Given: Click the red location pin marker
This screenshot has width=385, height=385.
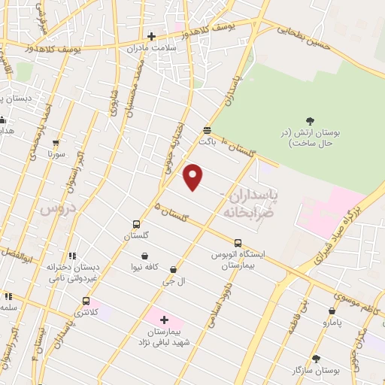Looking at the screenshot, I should (x=193, y=177).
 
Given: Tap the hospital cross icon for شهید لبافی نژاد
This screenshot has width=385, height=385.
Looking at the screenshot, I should (x=165, y=320).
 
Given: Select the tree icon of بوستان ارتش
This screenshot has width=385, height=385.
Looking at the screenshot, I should (x=309, y=120).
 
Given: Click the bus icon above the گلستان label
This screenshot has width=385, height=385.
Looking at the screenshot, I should (x=136, y=224).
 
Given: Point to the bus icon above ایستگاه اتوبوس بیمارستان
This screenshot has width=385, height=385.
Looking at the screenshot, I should (x=238, y=243).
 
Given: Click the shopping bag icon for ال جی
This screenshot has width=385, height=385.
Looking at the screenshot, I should (x=174, y=270).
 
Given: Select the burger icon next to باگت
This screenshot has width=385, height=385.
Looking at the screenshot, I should (x=207, y=129).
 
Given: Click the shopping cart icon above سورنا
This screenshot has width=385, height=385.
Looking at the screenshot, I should (x=56, y=143).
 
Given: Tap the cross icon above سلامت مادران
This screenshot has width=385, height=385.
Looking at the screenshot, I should (x=151, y=35).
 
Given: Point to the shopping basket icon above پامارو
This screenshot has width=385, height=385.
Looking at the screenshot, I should (x=332, y=311).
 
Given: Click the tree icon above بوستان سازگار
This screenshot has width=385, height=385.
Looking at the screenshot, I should (x=316, y=359).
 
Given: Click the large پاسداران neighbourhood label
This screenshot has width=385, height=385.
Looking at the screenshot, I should (x=253, y=197).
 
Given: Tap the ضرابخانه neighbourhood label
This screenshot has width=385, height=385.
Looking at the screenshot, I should (x=245, y=213).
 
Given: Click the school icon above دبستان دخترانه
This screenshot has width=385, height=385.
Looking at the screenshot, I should (x=72, y=256).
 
